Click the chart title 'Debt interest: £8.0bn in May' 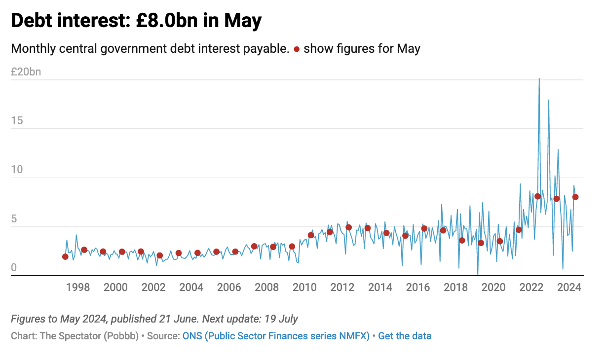[x=136, y=21]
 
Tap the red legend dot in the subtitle [x=297, y=49]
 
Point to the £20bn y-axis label [x=26, y=72]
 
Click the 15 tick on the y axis [x=17, y=121]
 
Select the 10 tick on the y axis [x=17, y=170]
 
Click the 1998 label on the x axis [x=78, y=288]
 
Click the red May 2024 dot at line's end [x=575, y=197]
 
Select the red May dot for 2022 [x=537, y=196]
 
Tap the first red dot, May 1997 [x=65, y=256]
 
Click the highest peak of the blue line [x=539, y=79]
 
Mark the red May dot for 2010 [x=311, y=235]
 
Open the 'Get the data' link [x=405, y=336]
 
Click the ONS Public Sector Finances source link [x=276, y=336]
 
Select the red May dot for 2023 [x=556, y=199]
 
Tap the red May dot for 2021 [x=519, y=230]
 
